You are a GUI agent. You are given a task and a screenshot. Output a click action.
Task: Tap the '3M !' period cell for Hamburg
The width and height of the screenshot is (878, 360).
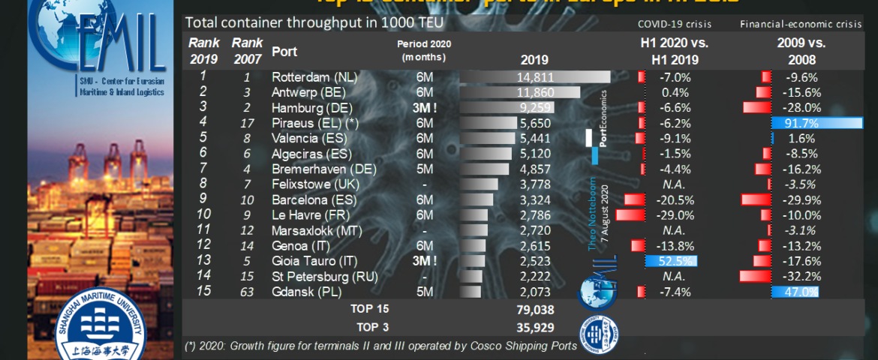(x=425, y=108)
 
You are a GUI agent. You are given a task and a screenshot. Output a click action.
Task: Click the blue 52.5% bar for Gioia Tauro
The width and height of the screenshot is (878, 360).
(x=671, y=261)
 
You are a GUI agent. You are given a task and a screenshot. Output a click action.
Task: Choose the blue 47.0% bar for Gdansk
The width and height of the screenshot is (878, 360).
(x=794, y=292)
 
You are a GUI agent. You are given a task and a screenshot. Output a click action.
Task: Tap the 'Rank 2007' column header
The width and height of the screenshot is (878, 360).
(x=247, y=52)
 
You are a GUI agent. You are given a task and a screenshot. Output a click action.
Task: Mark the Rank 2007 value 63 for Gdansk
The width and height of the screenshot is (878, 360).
(x=247, y=292)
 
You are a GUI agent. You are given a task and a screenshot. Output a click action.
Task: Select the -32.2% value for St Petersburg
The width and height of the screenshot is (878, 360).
(x=801, y=277)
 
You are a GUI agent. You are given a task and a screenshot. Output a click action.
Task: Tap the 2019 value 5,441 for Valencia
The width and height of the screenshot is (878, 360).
(x=534, y=139)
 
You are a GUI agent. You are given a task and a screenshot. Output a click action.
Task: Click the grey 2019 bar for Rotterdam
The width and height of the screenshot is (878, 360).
(x=534, y=77)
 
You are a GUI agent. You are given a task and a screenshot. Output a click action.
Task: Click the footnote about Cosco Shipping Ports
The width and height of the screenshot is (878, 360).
(x=380, y=346)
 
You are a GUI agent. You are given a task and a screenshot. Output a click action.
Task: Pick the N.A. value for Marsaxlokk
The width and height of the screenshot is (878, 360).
(x=672, y=230)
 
